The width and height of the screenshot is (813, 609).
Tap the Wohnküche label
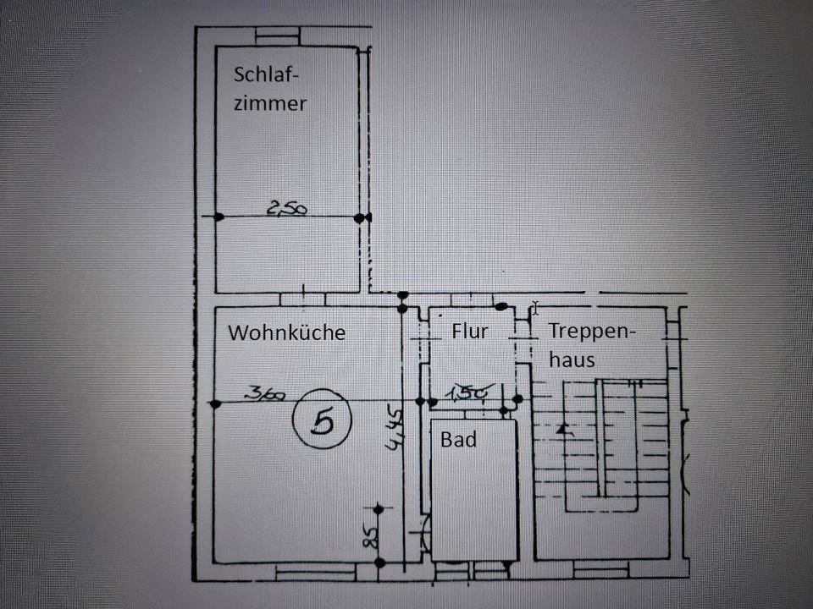(286, 332)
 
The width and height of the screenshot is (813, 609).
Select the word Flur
(469, 331)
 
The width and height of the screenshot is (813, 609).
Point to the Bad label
(458, 440)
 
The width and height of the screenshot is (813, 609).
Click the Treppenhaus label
(590, 344)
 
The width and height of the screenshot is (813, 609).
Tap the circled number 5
(323, 420)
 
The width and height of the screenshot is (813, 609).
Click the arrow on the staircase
(564, 430)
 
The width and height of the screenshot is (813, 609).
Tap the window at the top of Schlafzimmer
(278, 36)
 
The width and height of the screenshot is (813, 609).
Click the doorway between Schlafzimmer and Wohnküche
(301, 299)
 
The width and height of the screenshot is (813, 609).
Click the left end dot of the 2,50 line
(218, 217)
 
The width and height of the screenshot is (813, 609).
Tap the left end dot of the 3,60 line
(214, 403)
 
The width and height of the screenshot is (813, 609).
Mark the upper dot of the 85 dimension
(379, 508)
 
